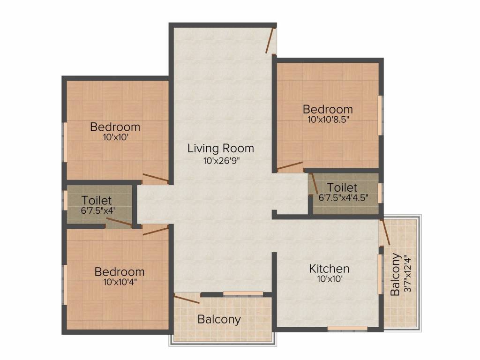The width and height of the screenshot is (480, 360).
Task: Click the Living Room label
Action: pyautogui.click(x=221, y=149)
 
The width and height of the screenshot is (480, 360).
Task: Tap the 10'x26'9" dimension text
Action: pyautogui.click(x=221, y=161)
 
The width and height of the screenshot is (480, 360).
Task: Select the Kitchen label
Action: pyautogui.click(x=329, y=269)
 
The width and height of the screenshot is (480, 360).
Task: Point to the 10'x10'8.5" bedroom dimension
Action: pyautogui.click(x=328, y=120)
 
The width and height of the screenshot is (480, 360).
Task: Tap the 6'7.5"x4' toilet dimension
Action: pyautogui.click(x=98, y=210)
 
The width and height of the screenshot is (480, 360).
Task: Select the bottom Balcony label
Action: pyautogui.click(x=219, y=320)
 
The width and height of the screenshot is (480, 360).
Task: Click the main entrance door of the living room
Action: pyautogui.click(x=270, y=40)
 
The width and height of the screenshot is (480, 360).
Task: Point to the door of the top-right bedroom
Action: pyautogui.click(x=290, y=166)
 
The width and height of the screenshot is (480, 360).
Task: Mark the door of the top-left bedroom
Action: pyautogui.click(x=156, y=178)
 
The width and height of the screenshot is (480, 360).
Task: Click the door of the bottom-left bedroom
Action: pyautogui.click(x=155, y=230)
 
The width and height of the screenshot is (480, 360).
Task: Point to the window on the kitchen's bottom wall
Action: pyautogui.click(x=347, y=328)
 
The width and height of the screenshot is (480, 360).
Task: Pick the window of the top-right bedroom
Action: pyautogui.click(x=381, y=115)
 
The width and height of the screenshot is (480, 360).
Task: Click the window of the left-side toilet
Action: pyautogui.click(x=65, y=201)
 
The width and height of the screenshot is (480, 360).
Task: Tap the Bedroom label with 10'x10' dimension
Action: pyautogui.click(x=115, y=127)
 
